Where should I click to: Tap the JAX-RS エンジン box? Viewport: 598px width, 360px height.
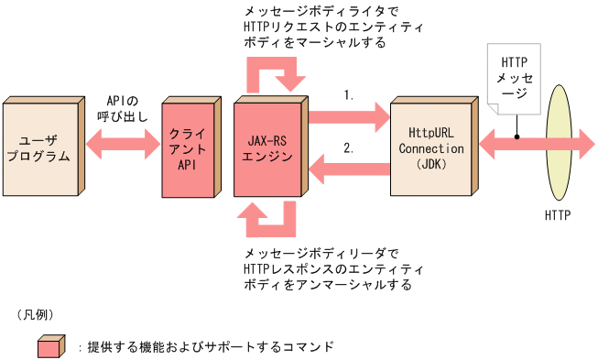tap(270, 147)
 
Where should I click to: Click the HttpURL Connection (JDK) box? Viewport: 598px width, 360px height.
tap(431, 147)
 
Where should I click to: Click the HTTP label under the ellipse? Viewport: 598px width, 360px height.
tap(558, 216)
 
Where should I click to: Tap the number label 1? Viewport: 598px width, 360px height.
tap(349, 94)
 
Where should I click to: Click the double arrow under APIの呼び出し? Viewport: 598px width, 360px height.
tap(123, 142)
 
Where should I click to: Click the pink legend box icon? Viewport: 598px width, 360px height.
tap(50, 348)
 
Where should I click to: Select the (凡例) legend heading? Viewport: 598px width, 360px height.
tap(38, 313)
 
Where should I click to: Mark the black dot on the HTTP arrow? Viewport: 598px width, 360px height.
tap(516, 140)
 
